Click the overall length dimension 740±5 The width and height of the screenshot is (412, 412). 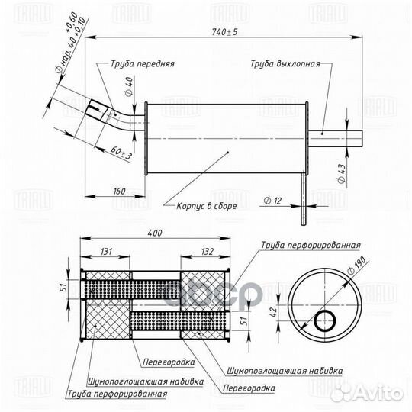224,32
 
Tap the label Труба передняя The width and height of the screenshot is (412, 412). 143,64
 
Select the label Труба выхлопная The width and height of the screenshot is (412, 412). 285,64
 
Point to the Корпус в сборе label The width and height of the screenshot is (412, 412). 207,206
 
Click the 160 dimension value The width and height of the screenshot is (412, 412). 119,191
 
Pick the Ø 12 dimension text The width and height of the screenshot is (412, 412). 272,201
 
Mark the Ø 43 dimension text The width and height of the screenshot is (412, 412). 342,173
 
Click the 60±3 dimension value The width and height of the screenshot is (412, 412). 121,153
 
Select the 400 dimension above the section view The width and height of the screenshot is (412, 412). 155,233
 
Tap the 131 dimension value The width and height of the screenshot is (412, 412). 106,252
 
